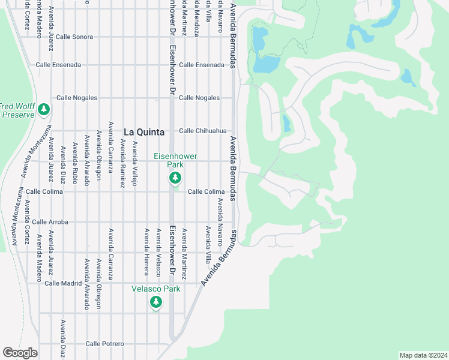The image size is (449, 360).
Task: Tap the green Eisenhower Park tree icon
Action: coord(175,178)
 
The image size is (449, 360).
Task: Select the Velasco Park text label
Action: coord(156,289)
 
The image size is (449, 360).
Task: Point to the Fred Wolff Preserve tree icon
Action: coord(43,109)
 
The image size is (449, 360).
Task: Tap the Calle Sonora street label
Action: coord(74,37)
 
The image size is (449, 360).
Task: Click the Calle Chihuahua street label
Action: coord(203,131)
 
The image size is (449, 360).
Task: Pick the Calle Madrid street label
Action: coord(62,283)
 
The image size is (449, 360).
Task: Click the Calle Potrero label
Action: coord(104,344)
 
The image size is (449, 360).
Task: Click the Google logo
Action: coord(20,353)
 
